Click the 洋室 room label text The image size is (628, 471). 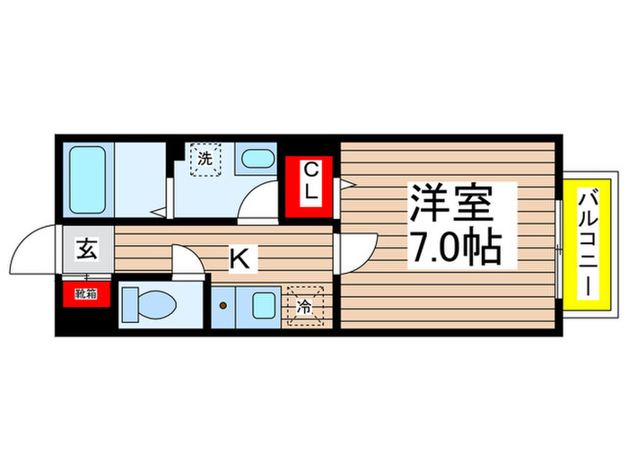pyautogui.click(x=452, y=204)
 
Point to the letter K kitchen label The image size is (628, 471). pyautogui.click(x=240, y=258)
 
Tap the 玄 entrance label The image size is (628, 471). pyautogui.click(x=87, y=249)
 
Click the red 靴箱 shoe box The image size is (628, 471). pyautogui.click(x=85, y=293)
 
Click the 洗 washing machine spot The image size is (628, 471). pyautogui.click(x=205, y=161)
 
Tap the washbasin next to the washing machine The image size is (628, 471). pyautogui.click(x=257, y=161)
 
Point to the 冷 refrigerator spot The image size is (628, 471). pyautogui.click(x=305, y=306)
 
